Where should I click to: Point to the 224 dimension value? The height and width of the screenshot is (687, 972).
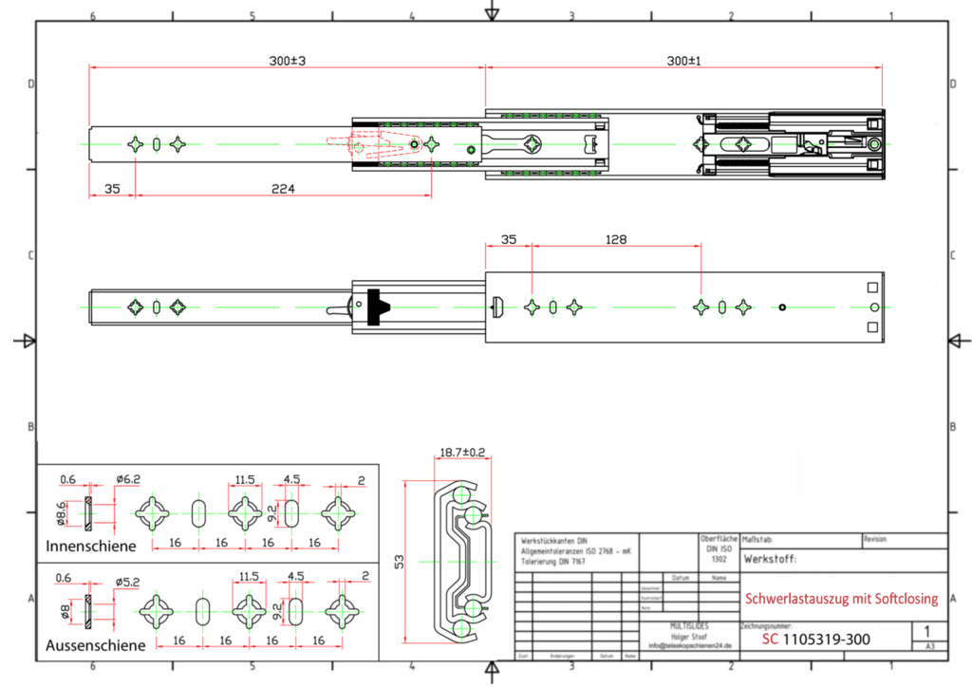[282, 189]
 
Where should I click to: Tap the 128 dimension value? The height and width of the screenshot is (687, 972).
[616, 240]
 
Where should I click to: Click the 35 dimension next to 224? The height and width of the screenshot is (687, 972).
[112, 189]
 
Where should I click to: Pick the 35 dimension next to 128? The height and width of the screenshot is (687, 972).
[508, 240]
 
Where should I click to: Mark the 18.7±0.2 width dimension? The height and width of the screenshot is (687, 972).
[462, 453]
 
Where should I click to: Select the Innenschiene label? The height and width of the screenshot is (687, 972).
[91, 546]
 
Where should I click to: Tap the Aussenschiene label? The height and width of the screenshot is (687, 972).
[96, 644]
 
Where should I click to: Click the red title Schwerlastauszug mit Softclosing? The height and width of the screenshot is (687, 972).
[841, 599]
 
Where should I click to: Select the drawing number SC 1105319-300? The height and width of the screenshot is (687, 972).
[815, 640]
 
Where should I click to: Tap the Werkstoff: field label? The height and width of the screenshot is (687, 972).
[771, 560]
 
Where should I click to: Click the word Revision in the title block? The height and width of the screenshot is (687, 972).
[875, 539]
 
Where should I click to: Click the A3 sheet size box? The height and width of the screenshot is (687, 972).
[928, 646]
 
